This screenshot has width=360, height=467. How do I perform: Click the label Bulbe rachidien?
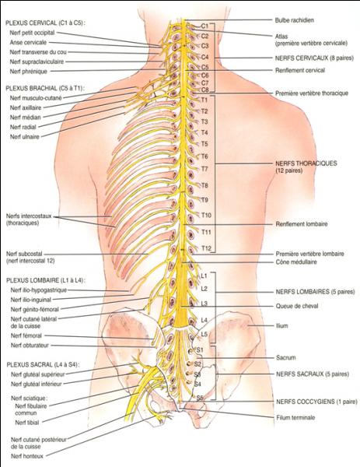click(x=294, y=20)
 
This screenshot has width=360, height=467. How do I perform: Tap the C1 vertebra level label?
click(x=204, y=26)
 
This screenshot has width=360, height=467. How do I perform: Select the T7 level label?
click(x=204, y=169)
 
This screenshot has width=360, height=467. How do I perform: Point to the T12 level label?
click(x=206, y=248)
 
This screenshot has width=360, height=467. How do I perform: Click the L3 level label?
click(x=204, y=304)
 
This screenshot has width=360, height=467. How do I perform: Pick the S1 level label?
click(x=200, y=349)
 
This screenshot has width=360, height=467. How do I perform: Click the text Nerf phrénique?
click(x=29, y=72)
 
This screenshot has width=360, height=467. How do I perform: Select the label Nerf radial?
click(x=23, y=127)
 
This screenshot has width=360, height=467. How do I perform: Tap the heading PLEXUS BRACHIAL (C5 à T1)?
click(x=45, y=89)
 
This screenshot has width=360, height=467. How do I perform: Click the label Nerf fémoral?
click(x=26, y=335)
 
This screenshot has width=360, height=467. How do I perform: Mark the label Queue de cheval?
click(x=296, y=306)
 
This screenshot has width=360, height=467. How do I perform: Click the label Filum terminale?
click(x=295, y=417)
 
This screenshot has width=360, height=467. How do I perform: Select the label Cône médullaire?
click(x=296, y=262)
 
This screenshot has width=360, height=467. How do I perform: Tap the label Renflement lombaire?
click(x=302, y=224)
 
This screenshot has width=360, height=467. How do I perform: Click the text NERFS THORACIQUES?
click(x=306, y=163)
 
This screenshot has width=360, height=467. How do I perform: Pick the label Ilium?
click(x=281, y=325)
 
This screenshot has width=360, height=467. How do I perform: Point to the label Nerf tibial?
click(x=26, y=423)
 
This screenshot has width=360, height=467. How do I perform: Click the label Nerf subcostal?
click(x=24, y=254)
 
